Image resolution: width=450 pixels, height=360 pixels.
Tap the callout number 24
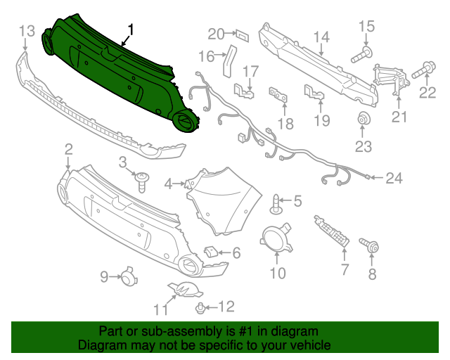click(x=393, y=178)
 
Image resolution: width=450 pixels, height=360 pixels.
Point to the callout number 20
click(x=216, y=33)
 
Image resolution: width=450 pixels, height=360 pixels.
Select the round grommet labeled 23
click(x=364, y=120)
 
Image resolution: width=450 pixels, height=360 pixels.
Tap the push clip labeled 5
click(x=275, y=204)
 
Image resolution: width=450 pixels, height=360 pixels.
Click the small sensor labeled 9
click(x=128, y=277)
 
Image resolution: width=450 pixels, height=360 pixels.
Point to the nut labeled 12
click(x=202, y=307)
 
